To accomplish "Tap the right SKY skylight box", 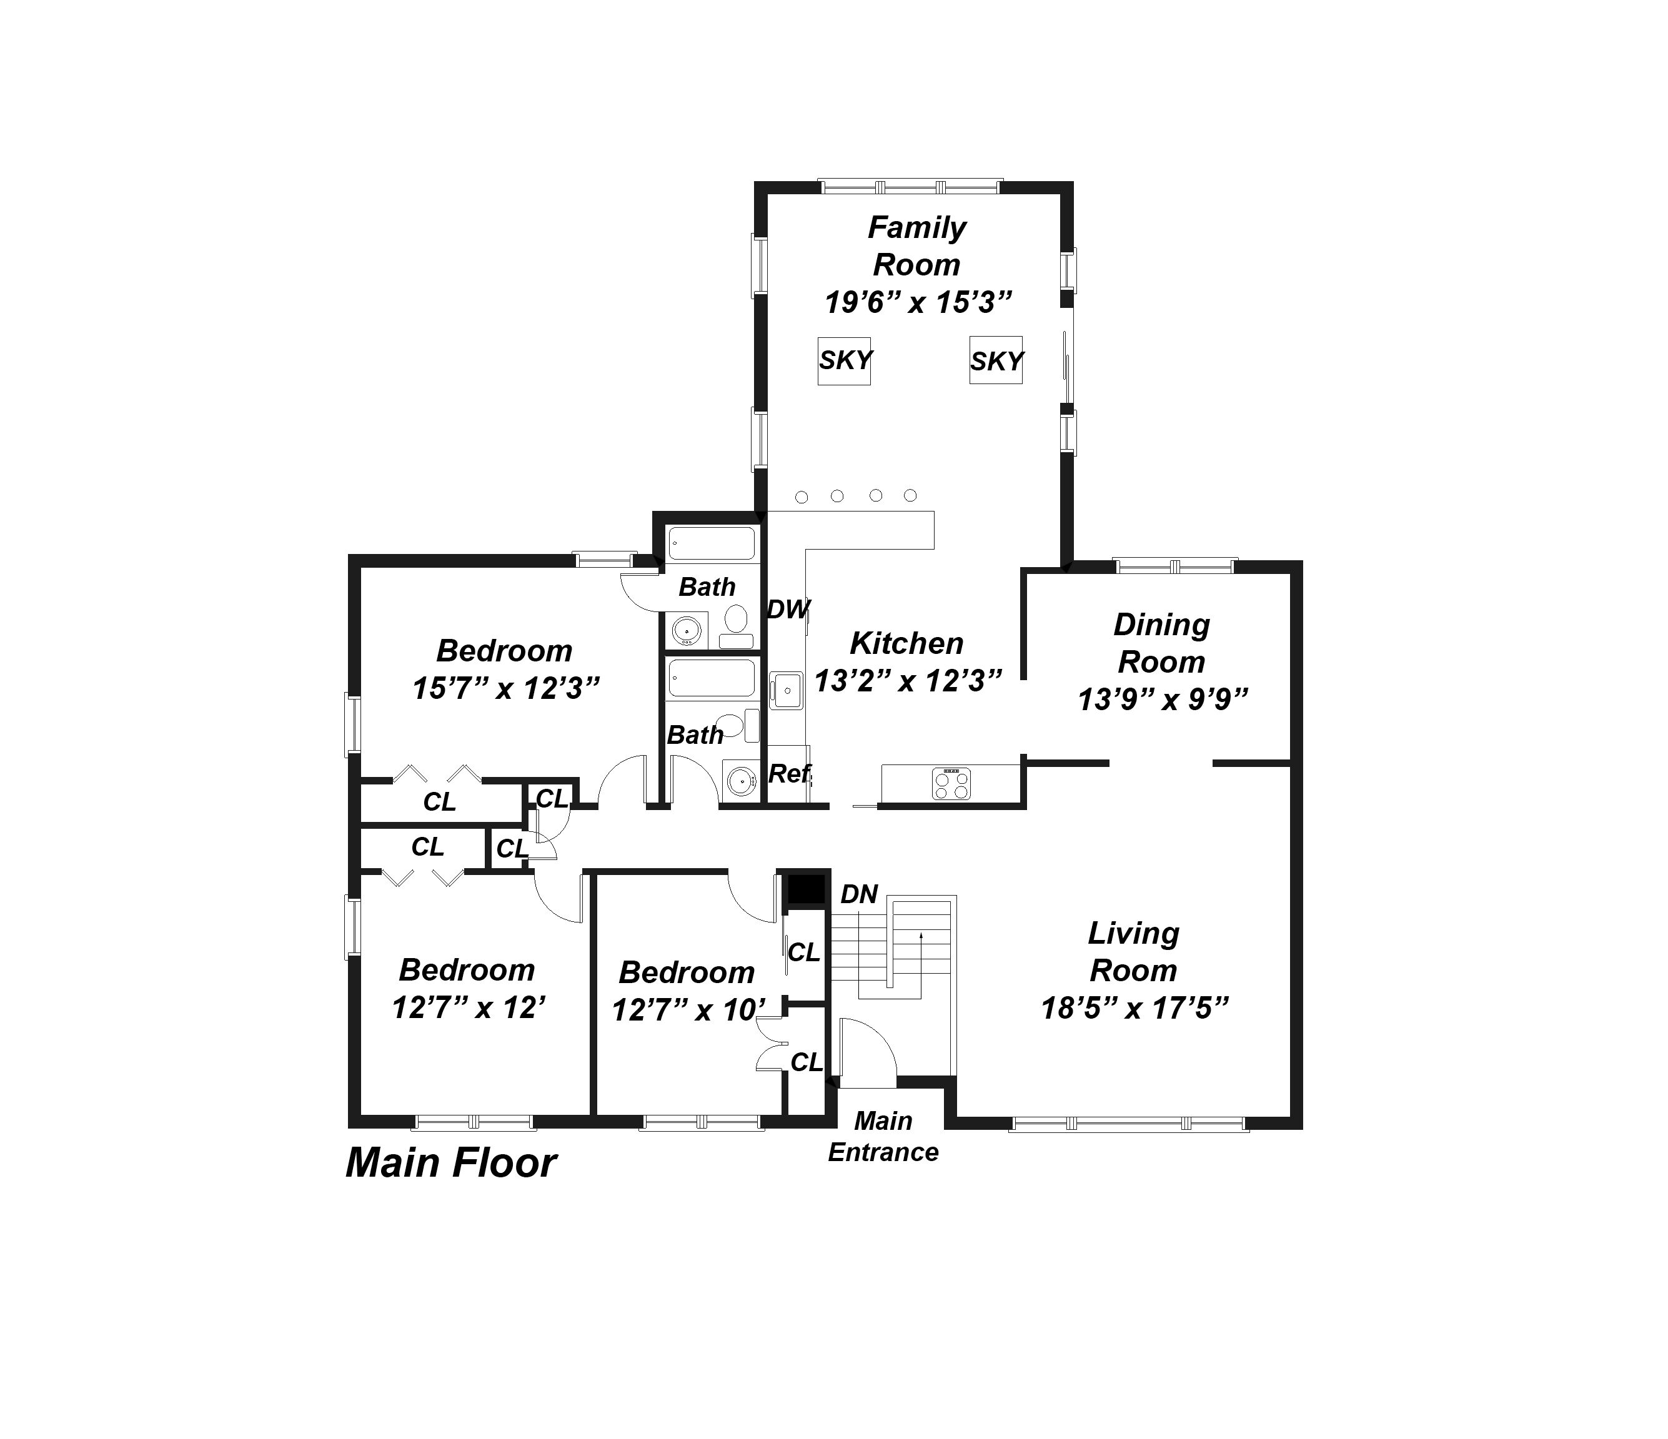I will [x=996, y=360].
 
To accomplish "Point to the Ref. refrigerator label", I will [x=790, y=773].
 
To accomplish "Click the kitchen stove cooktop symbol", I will [x=951, y=783].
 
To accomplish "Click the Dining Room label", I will [x=1161, y=643].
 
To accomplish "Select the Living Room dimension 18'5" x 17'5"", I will [x=1134, y=1007].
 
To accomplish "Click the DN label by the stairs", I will [x=859, y=894].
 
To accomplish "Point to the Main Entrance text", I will [x=883, y=1136].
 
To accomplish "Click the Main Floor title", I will [x=451, y=1163].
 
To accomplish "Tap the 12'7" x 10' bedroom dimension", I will [x=687, y=1010].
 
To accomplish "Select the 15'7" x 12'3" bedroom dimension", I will [x=505, y=688].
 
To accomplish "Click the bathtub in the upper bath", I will [x=712, y=543].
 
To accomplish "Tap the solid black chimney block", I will [x=806, y=890].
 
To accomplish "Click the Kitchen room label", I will [x=906, y=643].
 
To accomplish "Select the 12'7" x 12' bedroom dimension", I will [x=469, y=1007].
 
